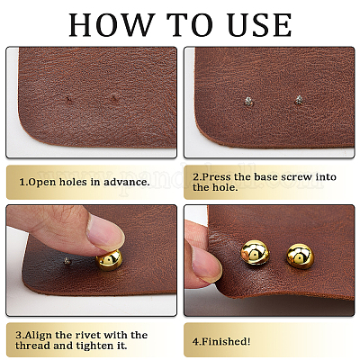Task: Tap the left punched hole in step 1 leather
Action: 69,100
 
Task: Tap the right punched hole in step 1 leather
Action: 114,98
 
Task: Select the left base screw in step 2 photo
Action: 248,101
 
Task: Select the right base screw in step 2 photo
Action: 298,100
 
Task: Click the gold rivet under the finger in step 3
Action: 109,259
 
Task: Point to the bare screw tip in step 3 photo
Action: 67,261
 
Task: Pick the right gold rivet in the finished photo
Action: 300,256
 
